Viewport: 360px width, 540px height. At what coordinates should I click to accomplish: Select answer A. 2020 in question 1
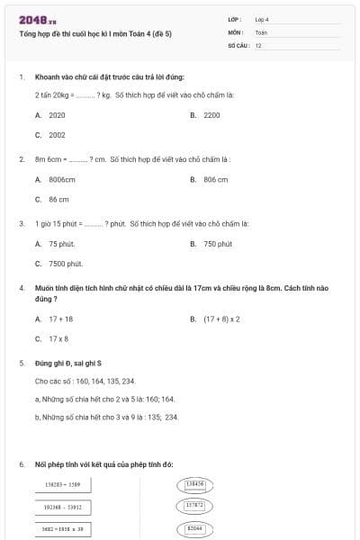click(51, 115)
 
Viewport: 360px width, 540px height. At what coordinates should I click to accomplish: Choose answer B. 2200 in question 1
click(206, 115)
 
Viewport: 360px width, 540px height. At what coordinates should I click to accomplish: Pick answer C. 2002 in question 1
click(51, 135)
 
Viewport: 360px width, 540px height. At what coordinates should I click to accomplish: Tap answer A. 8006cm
click(55, 180)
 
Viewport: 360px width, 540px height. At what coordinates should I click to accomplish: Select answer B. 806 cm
click(210, 180)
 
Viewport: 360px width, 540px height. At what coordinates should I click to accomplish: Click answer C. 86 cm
click(52, 200)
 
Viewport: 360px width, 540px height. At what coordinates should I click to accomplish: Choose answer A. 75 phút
click(55, 244)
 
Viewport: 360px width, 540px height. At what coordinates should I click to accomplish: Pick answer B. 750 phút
click(211, 244)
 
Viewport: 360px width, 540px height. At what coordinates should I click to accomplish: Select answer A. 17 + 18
click(55, 319)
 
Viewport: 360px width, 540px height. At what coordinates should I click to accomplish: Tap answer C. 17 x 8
click(52, 338)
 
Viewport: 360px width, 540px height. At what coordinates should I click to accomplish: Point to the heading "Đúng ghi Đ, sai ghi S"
click(67, 364)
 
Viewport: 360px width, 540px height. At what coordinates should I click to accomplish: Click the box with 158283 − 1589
click(63, 484)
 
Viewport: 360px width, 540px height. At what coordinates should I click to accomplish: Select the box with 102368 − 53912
click(63, 507)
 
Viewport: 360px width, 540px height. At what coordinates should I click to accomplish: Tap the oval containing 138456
click(194, 484)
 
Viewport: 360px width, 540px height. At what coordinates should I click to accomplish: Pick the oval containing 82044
click(194, 528)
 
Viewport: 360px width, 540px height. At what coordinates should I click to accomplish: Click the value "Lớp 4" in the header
click(262, 19)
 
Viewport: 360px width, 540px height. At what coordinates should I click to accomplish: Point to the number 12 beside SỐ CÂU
click(258, 44)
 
